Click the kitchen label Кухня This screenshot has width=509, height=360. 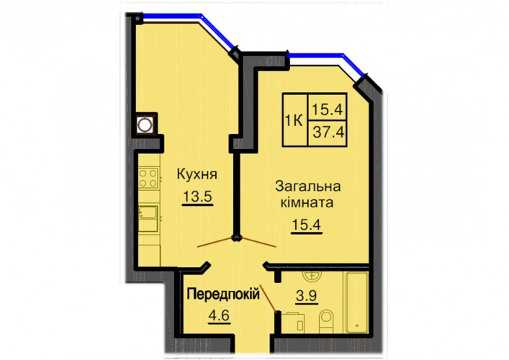click(197, 175)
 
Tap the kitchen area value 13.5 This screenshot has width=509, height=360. click(197, 197)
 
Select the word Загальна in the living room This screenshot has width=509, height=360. click(307, 186)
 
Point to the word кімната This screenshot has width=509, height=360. click(307, 203)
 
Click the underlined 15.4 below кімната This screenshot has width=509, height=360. click(307, 225)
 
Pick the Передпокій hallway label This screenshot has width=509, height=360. click(223, 294)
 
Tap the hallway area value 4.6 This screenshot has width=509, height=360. click(219, 315)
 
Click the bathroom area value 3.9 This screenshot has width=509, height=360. click(307, 296)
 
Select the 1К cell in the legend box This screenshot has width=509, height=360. click(294, 121)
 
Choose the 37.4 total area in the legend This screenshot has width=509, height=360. click(328, 132)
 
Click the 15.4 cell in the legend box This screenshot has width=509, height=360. click(328, 109)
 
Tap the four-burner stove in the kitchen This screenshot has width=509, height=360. click(148, 179)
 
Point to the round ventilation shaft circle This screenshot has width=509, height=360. click(144, 125)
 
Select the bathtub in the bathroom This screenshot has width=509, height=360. click(356, 302)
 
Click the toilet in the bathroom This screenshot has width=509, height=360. click(326, 321)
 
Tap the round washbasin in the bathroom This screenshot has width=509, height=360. click(312, 276)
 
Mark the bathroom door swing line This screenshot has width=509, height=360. click(268, 297)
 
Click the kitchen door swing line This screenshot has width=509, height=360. click(216, 242)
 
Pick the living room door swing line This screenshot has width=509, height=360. click(258, 242)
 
